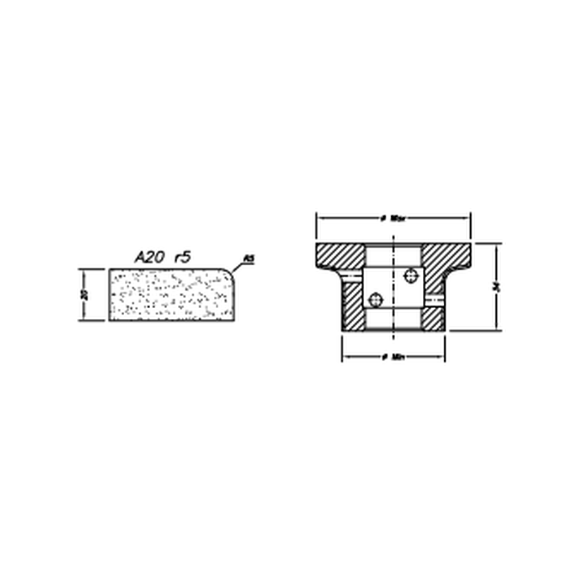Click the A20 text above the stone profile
(x=149, y=257)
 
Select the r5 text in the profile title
(x=182, y=257)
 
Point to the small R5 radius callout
(x=248, y=258)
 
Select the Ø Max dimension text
(x=393, y=218)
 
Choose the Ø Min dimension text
(x=393, y=357)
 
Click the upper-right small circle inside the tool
(x=411, y=275)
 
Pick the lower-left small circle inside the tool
(x=374, y=299)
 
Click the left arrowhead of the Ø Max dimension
(x=318, y=218)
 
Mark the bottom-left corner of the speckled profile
(x=110, y=320)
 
